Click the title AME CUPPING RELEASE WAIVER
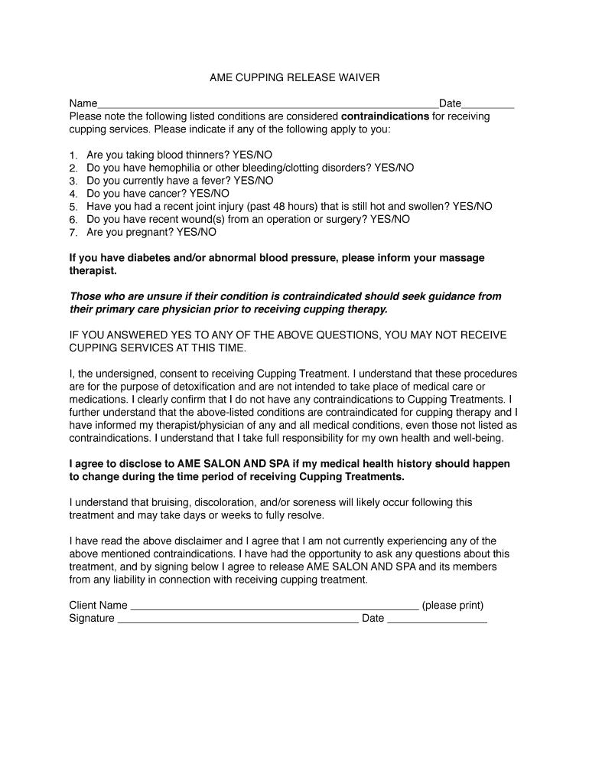(x=294, y=78)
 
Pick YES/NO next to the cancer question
(x=209, y=194)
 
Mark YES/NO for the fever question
(x=252, y=181)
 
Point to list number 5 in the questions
(x=73, y=207)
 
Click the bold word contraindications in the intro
(x=385, y=116)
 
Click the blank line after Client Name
(x=275, y=606)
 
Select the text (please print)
(x=453, y=606)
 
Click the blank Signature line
(x=237, y=619)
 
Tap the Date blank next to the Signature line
(x=437, y=619)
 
